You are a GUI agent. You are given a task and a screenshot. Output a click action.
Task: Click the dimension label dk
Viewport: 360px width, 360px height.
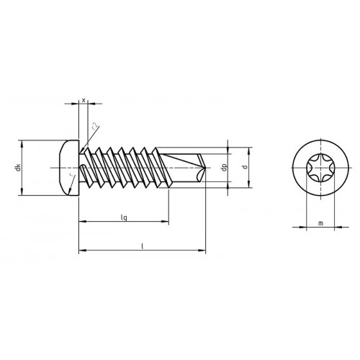point(18,168)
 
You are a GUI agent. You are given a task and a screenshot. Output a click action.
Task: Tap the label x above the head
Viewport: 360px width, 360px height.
point(84,100)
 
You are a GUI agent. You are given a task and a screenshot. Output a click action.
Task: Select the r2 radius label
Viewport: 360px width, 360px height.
point(95,126)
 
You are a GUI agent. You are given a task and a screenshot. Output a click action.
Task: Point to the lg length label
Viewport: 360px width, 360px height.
point(124,217)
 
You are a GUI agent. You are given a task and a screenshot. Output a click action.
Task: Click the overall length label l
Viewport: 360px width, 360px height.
point(142,246)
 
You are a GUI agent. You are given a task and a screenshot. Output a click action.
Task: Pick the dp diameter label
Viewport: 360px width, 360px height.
point(225,167)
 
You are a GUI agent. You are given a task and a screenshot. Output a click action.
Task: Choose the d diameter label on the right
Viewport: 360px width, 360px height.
point(245,167)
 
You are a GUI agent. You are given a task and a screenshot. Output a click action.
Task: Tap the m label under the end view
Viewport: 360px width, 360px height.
point(320,223)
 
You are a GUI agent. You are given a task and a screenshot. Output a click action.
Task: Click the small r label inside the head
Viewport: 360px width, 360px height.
point(71,175)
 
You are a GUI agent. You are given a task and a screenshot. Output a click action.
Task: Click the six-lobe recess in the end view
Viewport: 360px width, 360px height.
point(320,168)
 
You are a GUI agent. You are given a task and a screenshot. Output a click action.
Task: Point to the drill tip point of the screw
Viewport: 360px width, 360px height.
point(205,168)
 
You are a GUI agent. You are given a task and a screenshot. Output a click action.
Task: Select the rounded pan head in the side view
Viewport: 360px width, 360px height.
point(69,168)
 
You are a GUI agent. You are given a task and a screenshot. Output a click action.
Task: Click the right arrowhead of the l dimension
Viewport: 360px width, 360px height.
point(202,251)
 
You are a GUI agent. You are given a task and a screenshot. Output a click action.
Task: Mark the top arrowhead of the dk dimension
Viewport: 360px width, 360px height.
point(22,144)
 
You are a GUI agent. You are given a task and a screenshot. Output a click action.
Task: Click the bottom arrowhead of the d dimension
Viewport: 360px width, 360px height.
point(248,184)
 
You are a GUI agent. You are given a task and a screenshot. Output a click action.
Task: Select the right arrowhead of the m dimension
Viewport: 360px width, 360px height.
point(338,227)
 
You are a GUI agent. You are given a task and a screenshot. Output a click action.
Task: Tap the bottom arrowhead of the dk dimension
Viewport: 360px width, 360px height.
point(22,192)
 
